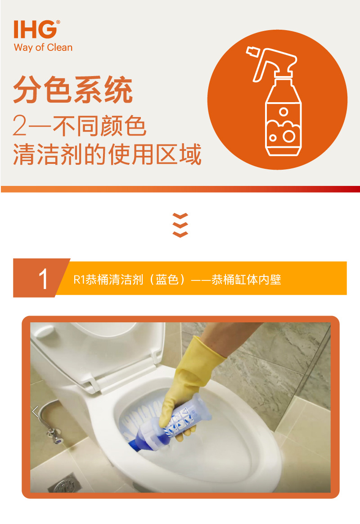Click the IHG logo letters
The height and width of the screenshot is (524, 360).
pyautogui.click(x=35, y=30)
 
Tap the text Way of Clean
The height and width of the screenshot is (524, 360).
pyautogui.click(x=43, y=48)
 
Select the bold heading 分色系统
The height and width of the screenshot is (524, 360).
pyautogui.click(x=73, y=90)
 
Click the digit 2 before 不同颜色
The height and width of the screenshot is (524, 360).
pyautogui.click(x=20, y=126)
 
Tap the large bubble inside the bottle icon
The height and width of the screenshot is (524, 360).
pyautogui.click(x=288, y=136)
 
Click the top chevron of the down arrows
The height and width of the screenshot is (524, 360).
pyautogui.click(x=180, y=216)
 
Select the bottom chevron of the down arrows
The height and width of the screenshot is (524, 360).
pyautogui.click(x=180, y=234)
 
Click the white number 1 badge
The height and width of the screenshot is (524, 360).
pyautogui.click(x=43, y=279)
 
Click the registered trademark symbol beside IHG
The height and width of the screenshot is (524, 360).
pyautogui.click(x=58, y=22)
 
